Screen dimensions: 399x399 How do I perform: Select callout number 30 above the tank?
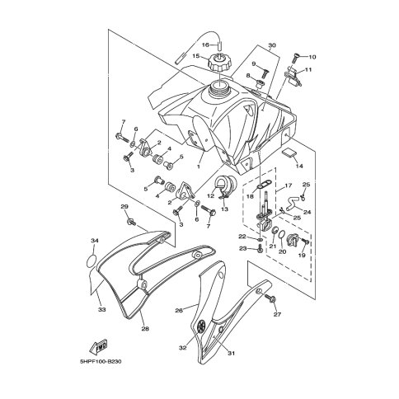(x=273, y=47)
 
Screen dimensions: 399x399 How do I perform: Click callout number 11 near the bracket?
(x=309, y=71)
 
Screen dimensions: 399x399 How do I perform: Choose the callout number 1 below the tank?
(x=198, y=165)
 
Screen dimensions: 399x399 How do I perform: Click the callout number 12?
(x=210, y=195)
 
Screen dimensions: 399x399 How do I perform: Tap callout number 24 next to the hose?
(x=307, y=211)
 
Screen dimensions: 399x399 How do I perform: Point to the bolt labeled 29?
(x=131, y=220)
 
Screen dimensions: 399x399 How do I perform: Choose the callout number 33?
(x=101, y=311)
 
